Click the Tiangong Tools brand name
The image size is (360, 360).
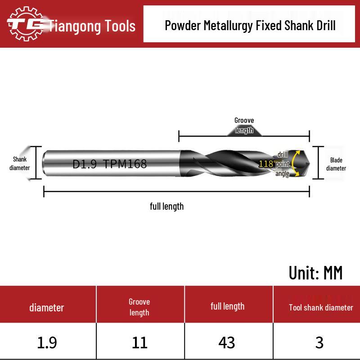[92, 26]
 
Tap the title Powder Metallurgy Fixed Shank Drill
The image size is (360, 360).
[250, 25]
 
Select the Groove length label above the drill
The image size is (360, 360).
[244, 126]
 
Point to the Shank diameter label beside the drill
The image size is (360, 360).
[20, 163]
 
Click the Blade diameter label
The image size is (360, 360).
[336, 164]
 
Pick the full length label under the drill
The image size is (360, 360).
[167, 207]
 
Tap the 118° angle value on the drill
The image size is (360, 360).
[266, 164]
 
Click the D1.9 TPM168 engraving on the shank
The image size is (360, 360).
[110, 164]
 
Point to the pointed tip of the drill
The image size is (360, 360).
[308, 163]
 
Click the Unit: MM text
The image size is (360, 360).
[315, 273]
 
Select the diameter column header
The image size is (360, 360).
[47, 308]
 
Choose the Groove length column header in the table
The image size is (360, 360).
[139, 307]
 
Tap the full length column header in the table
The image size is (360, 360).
[228, 306]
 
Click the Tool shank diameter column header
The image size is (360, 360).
[321, 308]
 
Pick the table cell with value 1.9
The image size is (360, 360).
[47, 342]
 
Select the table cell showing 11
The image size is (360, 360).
[139, 342]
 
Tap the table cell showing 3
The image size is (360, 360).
[319, 342]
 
